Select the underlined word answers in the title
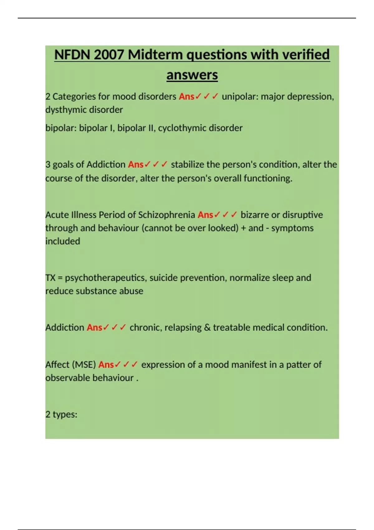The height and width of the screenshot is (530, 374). coord(192,75)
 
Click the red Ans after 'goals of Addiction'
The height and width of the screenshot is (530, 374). coord(136,164)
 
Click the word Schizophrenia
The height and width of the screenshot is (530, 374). coord(166,215)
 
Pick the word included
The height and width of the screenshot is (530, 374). coord(63,241)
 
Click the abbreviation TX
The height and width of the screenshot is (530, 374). coord(50,278)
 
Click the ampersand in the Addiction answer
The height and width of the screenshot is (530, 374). coord(207,328)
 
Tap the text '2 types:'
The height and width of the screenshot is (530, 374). coord(61,414)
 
